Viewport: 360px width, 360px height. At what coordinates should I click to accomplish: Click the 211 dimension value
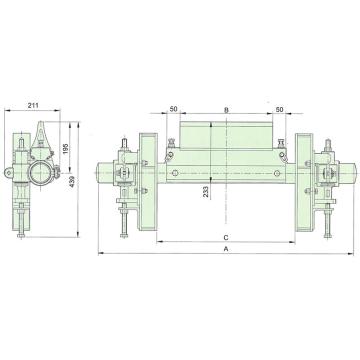(33, 105)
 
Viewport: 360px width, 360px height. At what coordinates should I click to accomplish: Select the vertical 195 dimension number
(65, 149)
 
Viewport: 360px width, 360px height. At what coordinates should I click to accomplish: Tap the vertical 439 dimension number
(73, 181)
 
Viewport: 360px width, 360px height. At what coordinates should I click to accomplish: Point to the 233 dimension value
(206, 192)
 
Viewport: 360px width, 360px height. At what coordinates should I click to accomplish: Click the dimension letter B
(226, 110)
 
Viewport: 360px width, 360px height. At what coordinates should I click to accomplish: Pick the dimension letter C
(226, 237)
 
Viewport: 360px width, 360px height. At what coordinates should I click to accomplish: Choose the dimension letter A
(226, 249)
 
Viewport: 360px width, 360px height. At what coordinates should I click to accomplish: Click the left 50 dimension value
(174, 109)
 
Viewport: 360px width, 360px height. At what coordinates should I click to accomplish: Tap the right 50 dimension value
(279, 109)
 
